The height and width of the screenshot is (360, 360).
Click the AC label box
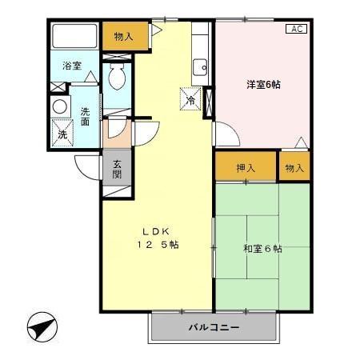coord(296,29)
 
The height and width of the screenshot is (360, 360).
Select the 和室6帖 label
coord(262,249)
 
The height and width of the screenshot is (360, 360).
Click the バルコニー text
coord(214,328)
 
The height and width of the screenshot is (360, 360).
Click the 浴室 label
coord(71,66)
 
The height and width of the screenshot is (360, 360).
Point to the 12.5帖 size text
coord(156,245)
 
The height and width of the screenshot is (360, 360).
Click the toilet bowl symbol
coord(116,78)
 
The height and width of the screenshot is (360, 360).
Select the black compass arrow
coord(42,328)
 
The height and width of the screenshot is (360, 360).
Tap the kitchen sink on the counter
coord(201,66)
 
